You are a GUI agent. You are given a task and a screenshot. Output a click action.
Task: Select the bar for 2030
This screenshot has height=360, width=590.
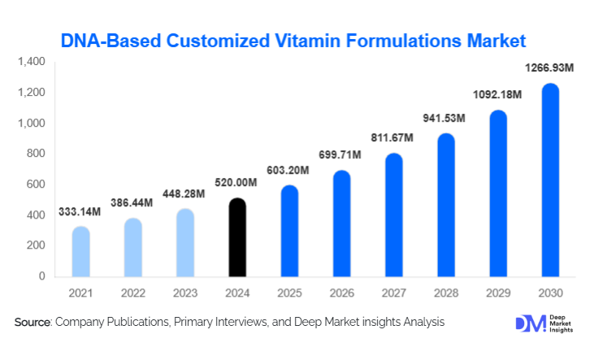point(550,180)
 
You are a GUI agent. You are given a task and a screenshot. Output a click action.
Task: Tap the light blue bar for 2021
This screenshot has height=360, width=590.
point(80,252)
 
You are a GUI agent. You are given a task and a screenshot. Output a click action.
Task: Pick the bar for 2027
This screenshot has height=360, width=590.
point(393,215)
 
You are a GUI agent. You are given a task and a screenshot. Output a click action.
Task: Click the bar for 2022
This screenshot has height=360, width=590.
point(132,248)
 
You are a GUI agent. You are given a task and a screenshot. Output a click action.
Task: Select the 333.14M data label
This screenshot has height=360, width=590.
point(80,213)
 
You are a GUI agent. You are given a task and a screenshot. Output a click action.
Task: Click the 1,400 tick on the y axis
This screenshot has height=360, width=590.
point(32,62)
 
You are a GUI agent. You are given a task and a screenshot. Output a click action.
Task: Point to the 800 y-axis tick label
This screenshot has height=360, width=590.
point(37,154)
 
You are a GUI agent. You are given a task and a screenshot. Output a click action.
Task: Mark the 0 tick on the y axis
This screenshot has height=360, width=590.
point(42,276)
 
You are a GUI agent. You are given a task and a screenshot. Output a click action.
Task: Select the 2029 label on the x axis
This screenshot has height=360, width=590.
point(497,291)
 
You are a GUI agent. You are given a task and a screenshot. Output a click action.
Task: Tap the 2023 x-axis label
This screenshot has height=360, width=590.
point(184,291)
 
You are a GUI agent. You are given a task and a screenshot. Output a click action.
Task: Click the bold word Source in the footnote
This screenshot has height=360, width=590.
point(33,323)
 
